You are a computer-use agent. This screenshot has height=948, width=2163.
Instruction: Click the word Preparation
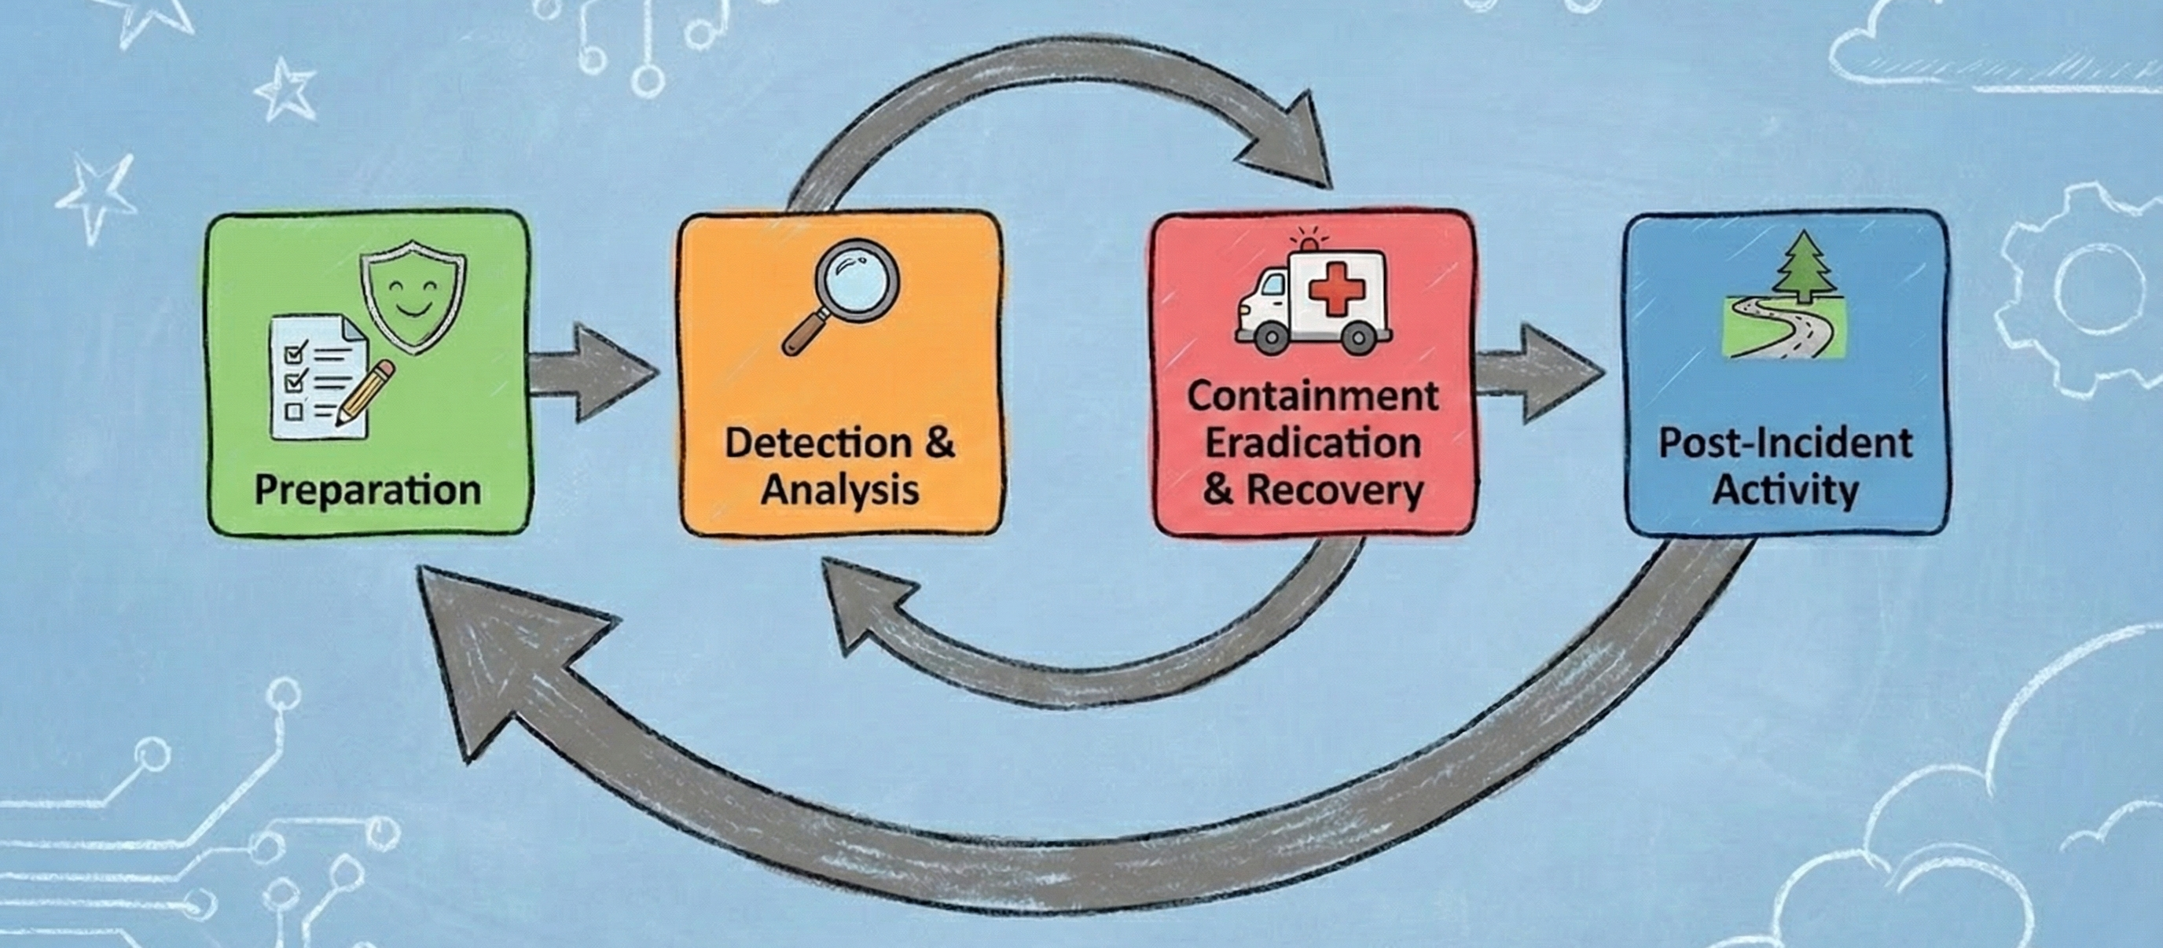(367, 491)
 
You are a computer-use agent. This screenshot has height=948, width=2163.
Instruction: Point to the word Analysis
(839, 491)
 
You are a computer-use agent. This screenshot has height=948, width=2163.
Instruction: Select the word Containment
(1313, 396)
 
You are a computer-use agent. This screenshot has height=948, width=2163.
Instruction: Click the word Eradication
(1313, 443)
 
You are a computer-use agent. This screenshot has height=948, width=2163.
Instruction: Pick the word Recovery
(1335, 491)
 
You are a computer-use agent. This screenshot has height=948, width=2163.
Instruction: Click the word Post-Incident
(1785, 443)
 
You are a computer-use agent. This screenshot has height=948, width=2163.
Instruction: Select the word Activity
(1785, 491)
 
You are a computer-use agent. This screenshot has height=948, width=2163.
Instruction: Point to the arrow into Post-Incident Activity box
(1537, 373)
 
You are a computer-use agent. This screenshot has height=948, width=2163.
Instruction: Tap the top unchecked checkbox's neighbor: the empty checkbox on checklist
(295, 411)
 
